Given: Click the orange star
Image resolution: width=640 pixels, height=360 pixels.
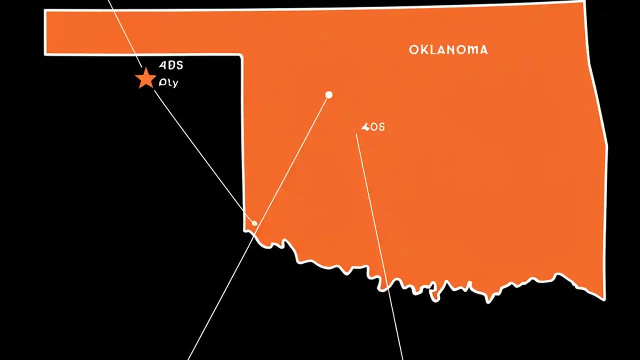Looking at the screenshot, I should click(145, 79).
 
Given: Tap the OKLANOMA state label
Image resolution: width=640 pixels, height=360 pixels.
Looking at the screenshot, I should click(448, 49).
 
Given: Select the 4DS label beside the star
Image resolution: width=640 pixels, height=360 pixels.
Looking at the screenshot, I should click(171, 65).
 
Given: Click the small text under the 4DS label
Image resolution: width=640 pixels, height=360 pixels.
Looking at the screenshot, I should click(168, 83).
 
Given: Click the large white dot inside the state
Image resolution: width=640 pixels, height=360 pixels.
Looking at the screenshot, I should click(328, 95).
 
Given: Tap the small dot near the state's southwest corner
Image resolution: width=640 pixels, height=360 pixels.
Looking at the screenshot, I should click(254, 223).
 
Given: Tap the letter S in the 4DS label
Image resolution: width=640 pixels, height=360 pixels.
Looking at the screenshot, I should click(179, 65).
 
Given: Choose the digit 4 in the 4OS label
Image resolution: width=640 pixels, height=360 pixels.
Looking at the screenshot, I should click(364, 127).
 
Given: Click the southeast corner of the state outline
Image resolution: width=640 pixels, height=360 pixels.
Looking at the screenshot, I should click(604, 299).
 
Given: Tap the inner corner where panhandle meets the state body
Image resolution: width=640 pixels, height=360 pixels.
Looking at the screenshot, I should click(242, 54).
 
